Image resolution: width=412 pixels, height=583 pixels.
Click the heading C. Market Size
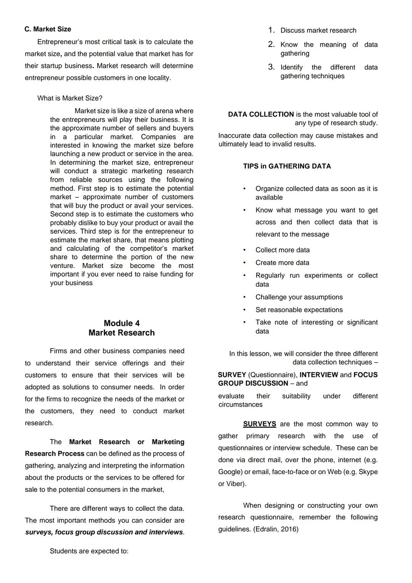point(47,29)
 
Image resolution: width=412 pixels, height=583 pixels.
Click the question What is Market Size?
point(70,98)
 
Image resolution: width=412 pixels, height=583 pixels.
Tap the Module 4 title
point(122,323)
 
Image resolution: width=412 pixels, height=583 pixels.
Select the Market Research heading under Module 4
point(122,333)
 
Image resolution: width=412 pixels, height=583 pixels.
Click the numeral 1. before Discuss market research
point(271,30)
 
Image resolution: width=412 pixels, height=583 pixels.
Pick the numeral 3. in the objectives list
point(271,67)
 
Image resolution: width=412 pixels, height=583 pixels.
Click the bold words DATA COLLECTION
point(261,114)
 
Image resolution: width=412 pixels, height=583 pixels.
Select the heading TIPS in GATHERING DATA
point(287,166)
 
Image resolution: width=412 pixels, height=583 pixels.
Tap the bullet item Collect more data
point(282,250)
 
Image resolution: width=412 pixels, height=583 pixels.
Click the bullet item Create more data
point(282,263)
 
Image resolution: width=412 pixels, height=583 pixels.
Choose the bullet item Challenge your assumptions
point(299,297)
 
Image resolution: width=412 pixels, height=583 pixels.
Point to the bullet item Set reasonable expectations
point(299,310)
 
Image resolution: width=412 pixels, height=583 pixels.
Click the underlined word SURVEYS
point(259,424)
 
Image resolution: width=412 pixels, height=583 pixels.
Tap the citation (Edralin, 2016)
point(275,529)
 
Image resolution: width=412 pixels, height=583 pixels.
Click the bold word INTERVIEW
point(319,375)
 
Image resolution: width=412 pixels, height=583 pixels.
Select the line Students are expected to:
point(89,551)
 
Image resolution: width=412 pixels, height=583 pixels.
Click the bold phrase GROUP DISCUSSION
point(253,383)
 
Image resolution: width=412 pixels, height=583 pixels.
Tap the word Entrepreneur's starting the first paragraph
point(59,42)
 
